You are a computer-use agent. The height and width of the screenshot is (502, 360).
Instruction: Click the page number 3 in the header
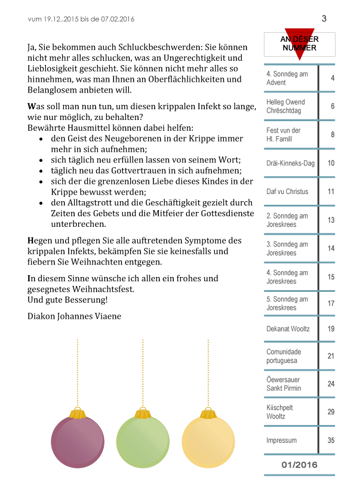(324, 19)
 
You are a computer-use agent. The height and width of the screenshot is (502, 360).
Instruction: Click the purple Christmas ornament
(77, 442)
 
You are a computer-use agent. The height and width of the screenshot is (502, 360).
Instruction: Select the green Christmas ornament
(143, 442)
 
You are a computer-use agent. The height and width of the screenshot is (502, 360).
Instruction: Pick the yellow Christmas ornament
(208, 442)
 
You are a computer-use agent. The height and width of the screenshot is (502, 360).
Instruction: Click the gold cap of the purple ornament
(77, 413)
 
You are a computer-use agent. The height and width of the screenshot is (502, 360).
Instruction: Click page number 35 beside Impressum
(331, 441)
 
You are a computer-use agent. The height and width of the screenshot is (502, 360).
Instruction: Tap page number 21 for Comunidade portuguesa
(331, 356)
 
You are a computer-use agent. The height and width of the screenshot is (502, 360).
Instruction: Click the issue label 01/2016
(299, 464)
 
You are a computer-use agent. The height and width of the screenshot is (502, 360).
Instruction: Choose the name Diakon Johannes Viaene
(74, 316)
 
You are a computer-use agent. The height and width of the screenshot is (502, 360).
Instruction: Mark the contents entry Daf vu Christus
(287, 192)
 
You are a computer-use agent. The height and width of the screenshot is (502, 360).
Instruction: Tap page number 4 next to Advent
(332, 78)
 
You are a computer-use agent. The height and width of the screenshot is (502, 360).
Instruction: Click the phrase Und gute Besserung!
(67, 300)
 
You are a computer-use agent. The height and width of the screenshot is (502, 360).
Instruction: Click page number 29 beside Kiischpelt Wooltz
(331, 412)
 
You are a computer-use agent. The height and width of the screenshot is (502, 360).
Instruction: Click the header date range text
(81, 19)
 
